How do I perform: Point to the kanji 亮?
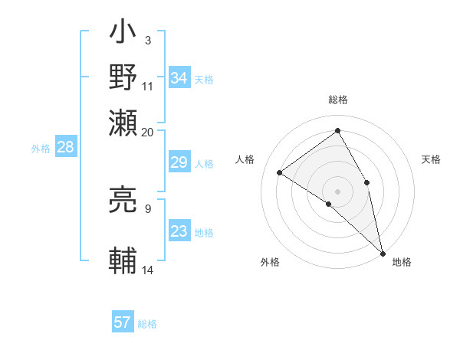tap(123, 198)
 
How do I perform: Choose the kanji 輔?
tap(123, 260)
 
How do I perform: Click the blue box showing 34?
tap(179, 78)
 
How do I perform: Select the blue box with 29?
tap(179, 162)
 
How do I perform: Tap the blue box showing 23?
tap(179, 232)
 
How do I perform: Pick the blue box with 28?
tap(65, 147)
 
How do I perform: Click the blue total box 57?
tap(123, 322)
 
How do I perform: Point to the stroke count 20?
tap(148, 132)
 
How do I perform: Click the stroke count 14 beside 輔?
tap(148, 270)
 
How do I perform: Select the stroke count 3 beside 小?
tap(147, 40)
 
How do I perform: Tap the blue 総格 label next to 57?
tap(147, 324)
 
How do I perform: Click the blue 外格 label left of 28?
tap(41, 149)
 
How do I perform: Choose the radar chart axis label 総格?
tap(337, 100)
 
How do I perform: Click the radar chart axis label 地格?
tap(402, 262)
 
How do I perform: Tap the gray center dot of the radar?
tap(337, 191)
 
